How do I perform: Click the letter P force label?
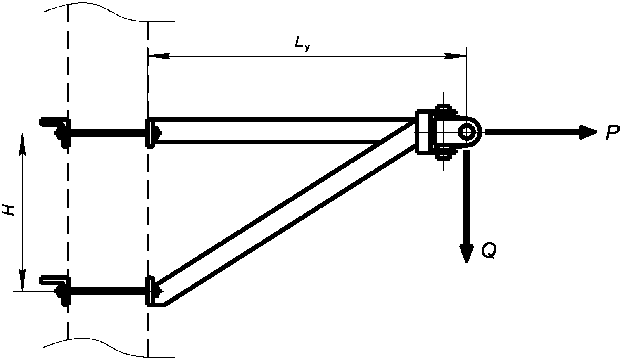(x=612, y=133)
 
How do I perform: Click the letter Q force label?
(x=488, y=251)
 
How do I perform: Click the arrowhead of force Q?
(x=467, y=253)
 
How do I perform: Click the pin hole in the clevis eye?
(x=467, y=133)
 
